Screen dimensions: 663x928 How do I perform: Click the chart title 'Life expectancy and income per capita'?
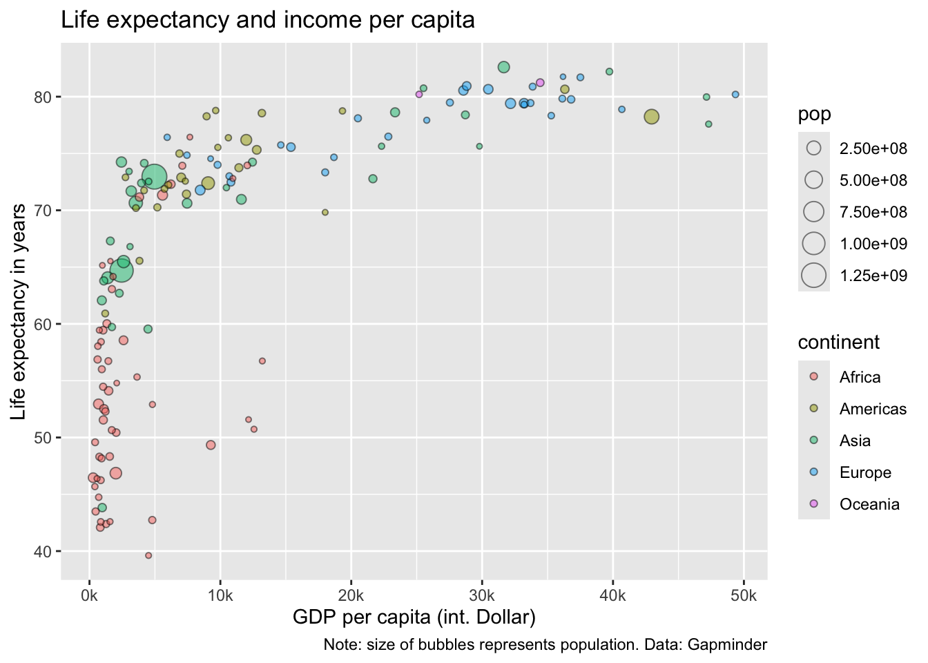point(268,20)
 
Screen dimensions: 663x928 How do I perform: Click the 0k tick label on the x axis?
point(89,596)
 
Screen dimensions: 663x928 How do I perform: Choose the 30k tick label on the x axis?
point(482,596)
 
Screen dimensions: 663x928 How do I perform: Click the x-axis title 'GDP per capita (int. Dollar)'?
point(414,617)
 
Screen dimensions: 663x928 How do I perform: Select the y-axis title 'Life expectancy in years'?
point(19,311)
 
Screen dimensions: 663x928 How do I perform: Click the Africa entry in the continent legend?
point(860,377)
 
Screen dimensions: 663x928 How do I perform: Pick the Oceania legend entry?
point(869,504)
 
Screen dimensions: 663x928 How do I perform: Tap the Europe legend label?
point(865,472)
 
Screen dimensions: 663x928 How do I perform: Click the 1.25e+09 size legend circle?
point(814,276)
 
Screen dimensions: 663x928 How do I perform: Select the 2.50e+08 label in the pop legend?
point(873,148)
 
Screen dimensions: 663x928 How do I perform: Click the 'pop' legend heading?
point(814,115)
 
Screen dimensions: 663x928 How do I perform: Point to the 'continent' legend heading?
point(838,343)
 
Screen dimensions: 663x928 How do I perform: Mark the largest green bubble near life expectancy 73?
point(155,177)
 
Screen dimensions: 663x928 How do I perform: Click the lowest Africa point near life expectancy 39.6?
point(148,555)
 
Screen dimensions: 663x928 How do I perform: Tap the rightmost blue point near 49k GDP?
point(735,95)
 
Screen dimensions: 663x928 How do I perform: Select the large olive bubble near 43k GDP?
point(651,117)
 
